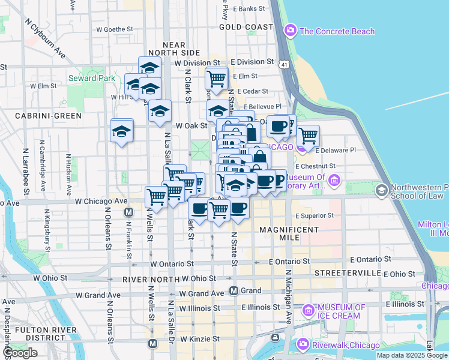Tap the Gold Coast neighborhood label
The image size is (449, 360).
[246, 27]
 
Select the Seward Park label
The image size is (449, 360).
[91, 78]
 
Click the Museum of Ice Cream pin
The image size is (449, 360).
[309, 310]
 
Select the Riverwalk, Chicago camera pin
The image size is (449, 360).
[302, 344]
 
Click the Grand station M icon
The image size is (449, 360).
[234, 290]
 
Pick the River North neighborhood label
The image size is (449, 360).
[149, 280]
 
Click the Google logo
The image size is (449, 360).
[20, 353]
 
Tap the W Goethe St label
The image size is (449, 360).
[113, 29]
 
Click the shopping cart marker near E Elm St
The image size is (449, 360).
[216, 78]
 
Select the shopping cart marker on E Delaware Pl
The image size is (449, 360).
[308, 136]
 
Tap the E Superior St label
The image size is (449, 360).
[314, 215]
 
